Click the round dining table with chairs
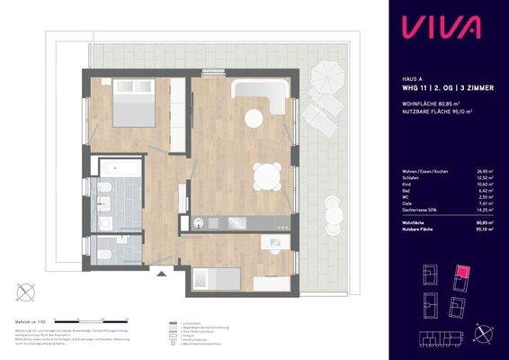[x=264, y=177]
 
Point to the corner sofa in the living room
[x=256, y=94]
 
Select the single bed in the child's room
[x=216, y=280]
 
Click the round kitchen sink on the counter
[x=198, y=221]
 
